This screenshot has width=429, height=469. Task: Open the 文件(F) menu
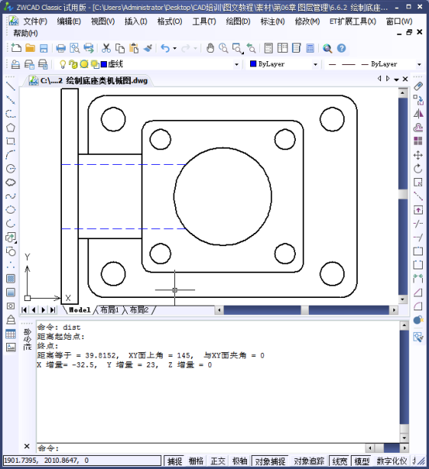[35, 21]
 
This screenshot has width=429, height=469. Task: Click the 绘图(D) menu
[237, 21]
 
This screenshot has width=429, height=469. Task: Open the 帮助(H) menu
[26, 33]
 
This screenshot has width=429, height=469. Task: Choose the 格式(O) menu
[170, 21]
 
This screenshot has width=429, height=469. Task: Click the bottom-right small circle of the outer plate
[331, 273]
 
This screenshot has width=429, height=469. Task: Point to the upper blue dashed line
[124, 165]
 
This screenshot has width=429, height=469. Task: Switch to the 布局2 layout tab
[139, 310]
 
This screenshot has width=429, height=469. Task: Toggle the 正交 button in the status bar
[219, 461]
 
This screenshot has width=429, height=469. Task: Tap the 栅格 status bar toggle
[197, 461]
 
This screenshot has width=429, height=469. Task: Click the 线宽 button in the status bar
[339, 461]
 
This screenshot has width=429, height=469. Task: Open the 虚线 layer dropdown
[166, 64]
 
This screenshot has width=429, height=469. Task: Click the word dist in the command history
[72, 327]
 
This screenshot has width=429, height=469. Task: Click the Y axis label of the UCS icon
[27, 256]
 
